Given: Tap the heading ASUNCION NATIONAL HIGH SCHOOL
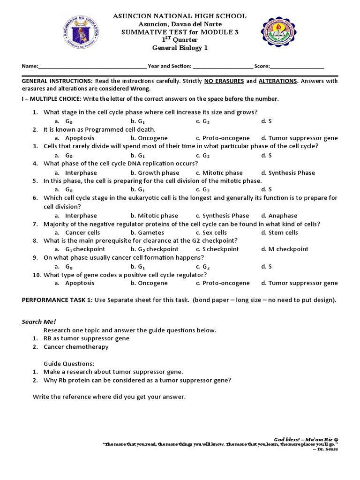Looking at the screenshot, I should tap(180, 16).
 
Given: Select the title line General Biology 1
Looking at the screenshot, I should tap(180, 47).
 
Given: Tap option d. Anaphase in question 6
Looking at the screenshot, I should tap(279, 216).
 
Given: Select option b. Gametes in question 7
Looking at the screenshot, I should tap(146, 232).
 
